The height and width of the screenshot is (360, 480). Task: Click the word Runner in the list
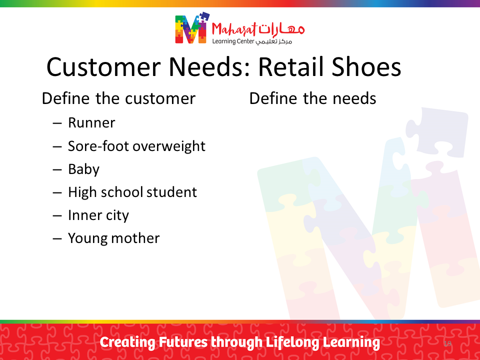point(91,123)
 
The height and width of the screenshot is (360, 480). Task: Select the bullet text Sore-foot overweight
point(136,146)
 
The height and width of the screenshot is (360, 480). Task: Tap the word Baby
point(83,169)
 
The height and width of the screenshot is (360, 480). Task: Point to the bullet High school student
point(132,192)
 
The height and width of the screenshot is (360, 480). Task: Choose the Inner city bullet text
point(98,215)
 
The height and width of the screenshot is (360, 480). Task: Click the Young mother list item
point(114,238)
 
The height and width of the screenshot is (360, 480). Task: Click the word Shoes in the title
point(366,66)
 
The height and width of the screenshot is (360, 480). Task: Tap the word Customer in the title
point(103,67)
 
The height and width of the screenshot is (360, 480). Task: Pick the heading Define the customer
point(118,98)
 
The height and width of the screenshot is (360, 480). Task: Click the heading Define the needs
point(312,98)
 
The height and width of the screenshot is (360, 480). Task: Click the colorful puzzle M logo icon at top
point(192,28)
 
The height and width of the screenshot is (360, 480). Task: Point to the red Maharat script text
point(234,29)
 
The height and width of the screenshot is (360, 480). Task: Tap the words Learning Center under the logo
point(233,41)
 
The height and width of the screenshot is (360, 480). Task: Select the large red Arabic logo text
point(281,29)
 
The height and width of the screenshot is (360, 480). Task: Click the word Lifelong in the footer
point(292,342)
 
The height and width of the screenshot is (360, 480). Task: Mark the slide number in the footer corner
point(447,343)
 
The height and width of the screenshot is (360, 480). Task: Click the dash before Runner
point(57,123)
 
